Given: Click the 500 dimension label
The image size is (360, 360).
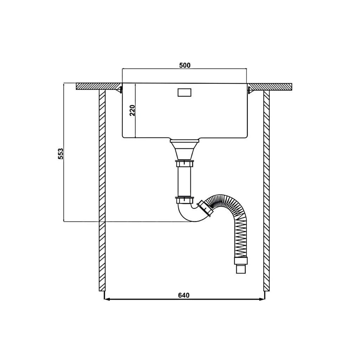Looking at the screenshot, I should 184,65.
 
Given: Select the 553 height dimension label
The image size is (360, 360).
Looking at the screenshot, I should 60,154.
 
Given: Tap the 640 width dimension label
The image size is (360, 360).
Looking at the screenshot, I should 184,295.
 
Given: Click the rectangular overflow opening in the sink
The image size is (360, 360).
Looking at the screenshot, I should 184,92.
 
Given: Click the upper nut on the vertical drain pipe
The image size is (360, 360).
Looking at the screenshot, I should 184,165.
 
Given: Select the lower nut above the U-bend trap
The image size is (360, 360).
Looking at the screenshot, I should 184,201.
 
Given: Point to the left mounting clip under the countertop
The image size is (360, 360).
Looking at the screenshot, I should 120,90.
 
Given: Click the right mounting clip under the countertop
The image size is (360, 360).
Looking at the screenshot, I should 250,90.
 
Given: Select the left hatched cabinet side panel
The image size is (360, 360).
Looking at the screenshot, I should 102,190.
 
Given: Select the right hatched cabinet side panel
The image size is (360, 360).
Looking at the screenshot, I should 266,190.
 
